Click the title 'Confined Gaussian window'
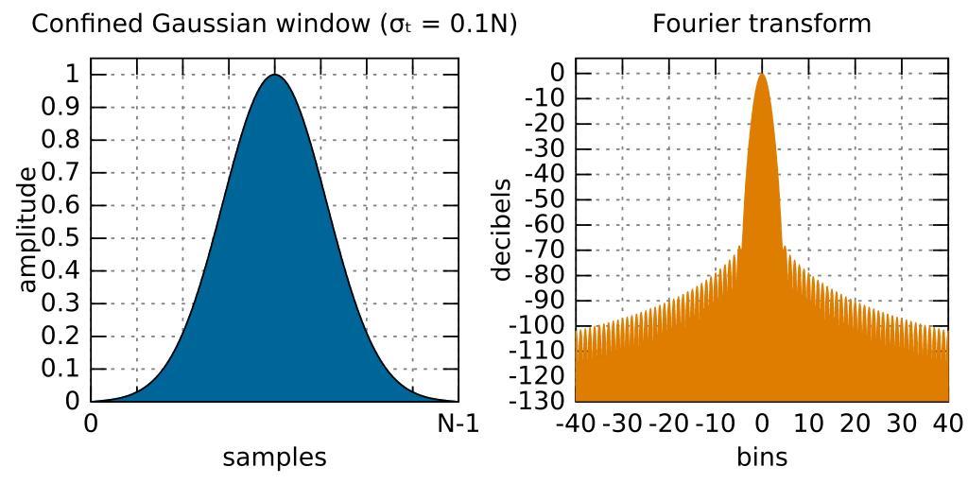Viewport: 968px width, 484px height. [274, 24]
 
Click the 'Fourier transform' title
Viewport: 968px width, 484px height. [762, 24]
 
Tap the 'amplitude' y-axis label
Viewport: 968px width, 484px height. [28, 229]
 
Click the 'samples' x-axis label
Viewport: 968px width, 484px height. [274, 458]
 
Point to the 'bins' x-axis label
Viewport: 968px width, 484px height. [762, 458]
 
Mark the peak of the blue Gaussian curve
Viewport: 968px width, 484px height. [274, 75]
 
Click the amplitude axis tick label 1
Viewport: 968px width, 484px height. [70, 74]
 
